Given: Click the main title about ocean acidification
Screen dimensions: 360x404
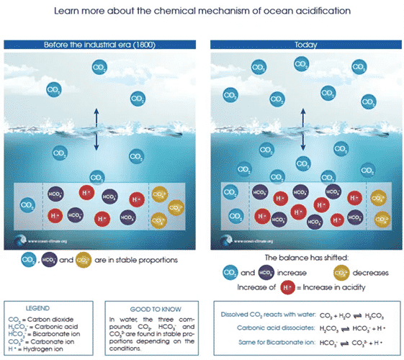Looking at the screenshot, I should click(202, 12).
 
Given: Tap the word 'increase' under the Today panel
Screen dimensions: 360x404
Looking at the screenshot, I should click(293, 272).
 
